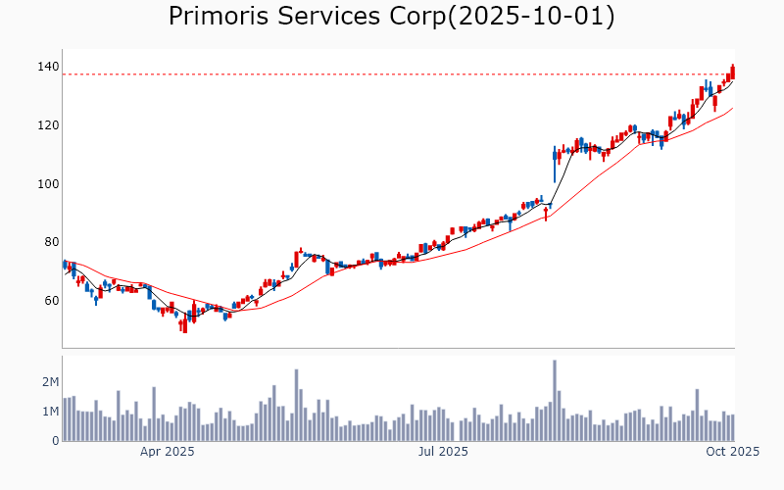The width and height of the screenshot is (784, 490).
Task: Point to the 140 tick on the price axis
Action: click(47, 67)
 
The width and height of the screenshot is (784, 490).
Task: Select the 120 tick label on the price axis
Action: click(47, 125)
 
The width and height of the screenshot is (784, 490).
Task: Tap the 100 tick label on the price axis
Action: click(47, 184)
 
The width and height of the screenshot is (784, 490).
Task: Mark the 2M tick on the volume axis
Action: click(49, 381)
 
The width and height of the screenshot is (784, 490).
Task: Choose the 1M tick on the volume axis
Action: click(49, 412)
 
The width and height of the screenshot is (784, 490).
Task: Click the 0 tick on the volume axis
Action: click(55, 441)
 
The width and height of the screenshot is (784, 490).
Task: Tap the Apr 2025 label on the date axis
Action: click(167, 452)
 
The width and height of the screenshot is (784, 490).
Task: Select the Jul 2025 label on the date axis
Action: click(443, 452)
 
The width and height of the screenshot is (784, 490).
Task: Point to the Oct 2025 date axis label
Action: click(733, 452)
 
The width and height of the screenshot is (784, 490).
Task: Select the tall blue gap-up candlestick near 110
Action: click(555, 165)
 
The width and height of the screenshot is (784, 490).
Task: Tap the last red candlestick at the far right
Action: click(733, 72)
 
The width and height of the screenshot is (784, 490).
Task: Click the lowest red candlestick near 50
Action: click(184, 324)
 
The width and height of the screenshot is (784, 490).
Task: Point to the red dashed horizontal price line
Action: click(392, 74)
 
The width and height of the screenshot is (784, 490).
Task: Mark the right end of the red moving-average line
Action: click(733, 108)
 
